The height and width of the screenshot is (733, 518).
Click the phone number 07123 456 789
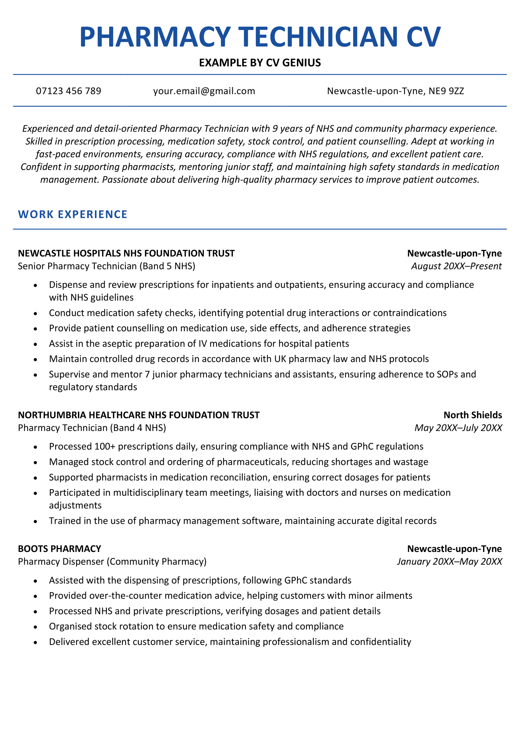point(68,91)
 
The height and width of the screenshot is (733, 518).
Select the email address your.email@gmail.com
point(204,91)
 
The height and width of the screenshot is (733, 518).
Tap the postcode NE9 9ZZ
point(446,91)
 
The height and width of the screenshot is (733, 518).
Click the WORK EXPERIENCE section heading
point(73,214)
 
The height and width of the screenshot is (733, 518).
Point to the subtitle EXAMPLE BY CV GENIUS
point(260,63)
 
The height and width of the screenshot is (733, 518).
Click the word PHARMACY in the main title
point(155,37)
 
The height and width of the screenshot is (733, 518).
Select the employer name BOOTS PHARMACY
point(60,549)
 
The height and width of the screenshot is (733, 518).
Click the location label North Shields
point(472,415)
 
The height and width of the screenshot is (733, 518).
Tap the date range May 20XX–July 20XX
point(458,428)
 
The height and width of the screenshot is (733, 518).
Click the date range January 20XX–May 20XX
point(449,562)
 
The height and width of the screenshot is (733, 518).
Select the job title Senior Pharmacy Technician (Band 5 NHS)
point(107,266)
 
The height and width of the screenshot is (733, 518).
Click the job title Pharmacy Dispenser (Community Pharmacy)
point(112,562)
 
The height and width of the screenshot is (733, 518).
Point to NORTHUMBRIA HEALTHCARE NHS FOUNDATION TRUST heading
point(139,415)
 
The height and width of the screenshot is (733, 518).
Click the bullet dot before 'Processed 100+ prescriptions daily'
point(35,447)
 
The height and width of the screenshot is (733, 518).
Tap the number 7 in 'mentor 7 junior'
point(147,374)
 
